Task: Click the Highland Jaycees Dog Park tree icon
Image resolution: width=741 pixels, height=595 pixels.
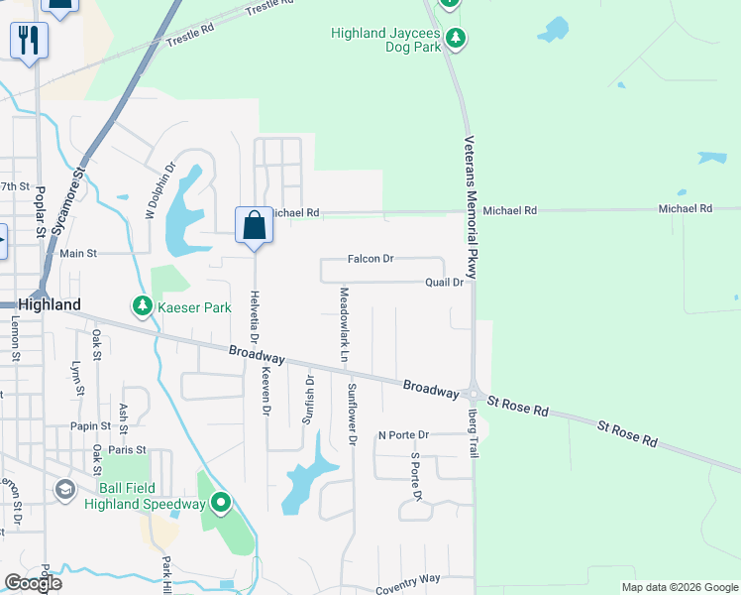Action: [x=456, y=39]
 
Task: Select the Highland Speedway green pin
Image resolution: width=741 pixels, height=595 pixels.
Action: [x=221, y=505]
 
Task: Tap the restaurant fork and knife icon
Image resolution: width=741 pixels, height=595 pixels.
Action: [x=29, y=41]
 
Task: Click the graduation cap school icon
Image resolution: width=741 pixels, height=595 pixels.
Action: [x=65, y=490]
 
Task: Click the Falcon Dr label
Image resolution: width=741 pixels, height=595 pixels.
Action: [x=370, y=259]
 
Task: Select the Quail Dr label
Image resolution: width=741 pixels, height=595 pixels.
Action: [x=444, y=283]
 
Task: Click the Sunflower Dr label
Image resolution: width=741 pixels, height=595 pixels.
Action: [x=351, y=415]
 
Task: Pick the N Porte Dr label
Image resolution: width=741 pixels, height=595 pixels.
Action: [x=403, y=434]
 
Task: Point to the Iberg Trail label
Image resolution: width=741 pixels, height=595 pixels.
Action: [x=474, y=433]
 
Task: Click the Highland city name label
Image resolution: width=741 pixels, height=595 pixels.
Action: [x=49, y=305]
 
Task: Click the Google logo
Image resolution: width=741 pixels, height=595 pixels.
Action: [x=33, y=583]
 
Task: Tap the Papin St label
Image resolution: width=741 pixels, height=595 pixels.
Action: [x=90, y=426]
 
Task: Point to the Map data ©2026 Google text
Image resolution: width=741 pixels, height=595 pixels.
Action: [x=680, y=587]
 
